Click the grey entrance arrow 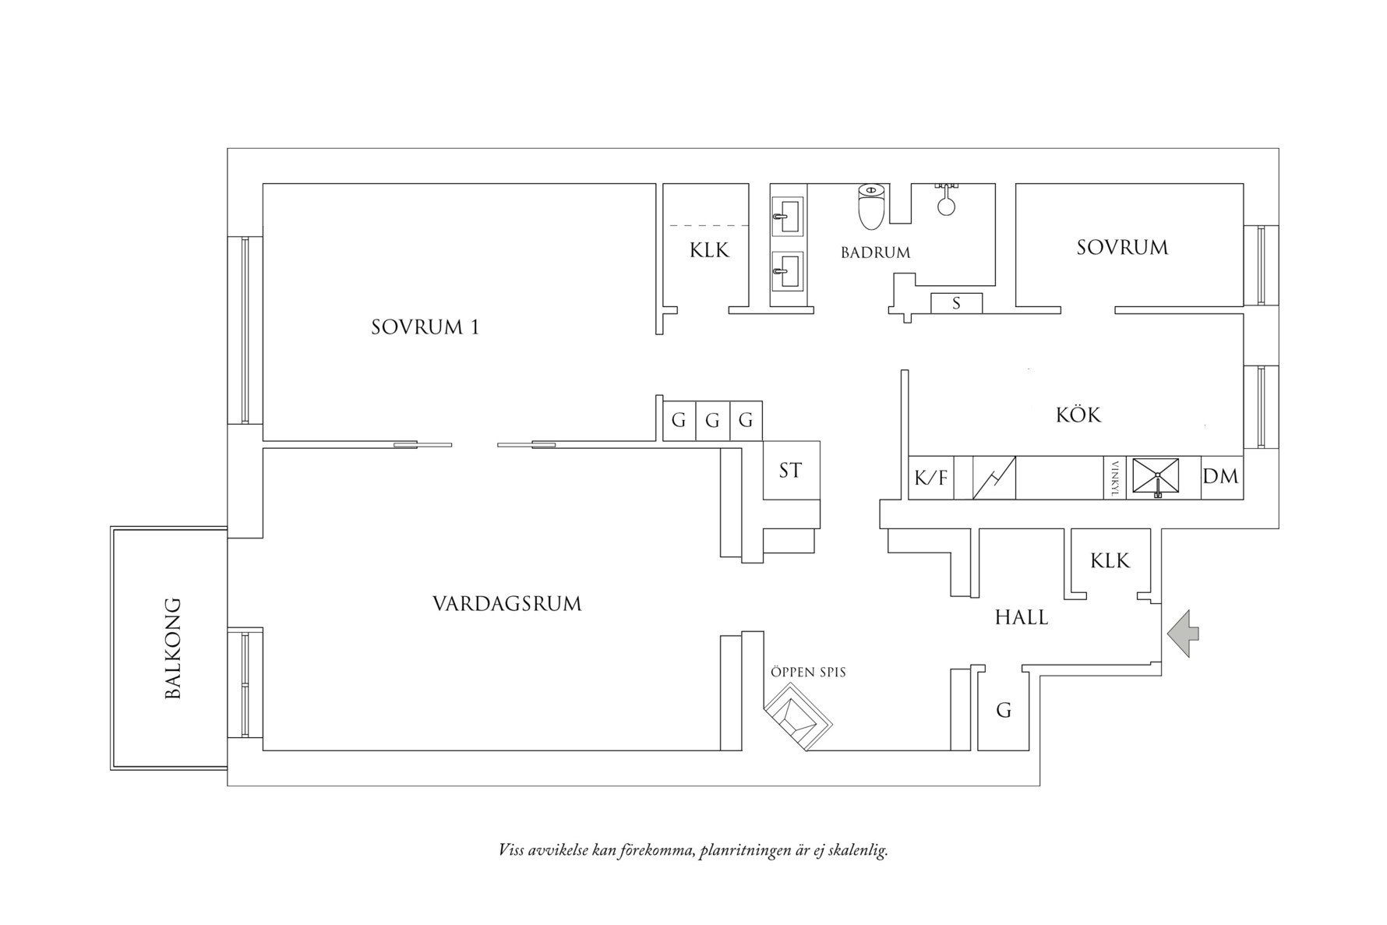(1184, 634)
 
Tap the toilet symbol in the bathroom (870, 207)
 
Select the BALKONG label (173, 648)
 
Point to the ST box (791, 471)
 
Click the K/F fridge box (930, 478)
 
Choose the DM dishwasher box (1220, 476)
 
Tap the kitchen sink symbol (1156, 476)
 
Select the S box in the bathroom (956, 304)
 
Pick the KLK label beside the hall (1110, 561)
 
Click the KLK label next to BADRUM (709, 251)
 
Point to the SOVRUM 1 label (425, 327)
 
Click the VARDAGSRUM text (506, 604)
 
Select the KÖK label (1078, 415)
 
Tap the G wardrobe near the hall (1004, 711)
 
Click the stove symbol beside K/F (994, 478)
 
